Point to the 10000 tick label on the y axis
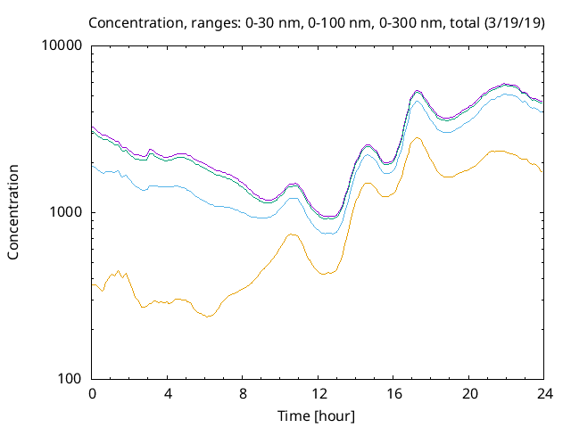pyautogui.click(x=62, y=46)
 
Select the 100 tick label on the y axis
pyautogui.click(x=70, y=378)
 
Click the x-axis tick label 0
pyautogui.click(x=92, y=393)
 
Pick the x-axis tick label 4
pyautogui.click(x=167, y=393)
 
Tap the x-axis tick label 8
pyautogui.click(x=242, y=393)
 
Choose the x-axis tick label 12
pyautogui.click(x=317, y=393)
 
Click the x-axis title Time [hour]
pyautogui.click(x=317, y=415)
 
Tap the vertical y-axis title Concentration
pyautogui.click(x=13, y=212)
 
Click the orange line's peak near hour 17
pyautogui.click(x=416, y=137)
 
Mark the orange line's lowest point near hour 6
pyautogui.click(x=209, y=316)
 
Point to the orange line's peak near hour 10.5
pyautogui.click(x=292, y=235)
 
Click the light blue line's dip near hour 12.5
pyautogui.click(x=328, y=234)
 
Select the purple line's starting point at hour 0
pyautogui.click(x=93, y=127)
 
